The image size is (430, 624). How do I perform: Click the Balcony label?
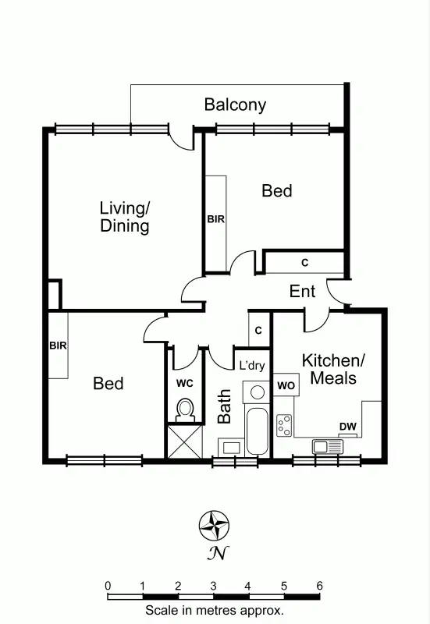235,105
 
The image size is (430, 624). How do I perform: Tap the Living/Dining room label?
124,218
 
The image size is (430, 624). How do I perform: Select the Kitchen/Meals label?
333,370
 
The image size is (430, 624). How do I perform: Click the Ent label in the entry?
303,292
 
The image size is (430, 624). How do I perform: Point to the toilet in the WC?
185,408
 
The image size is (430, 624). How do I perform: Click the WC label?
184,384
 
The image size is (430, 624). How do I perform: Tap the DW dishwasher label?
348,426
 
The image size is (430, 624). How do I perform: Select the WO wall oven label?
286,385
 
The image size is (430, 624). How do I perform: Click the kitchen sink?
327,446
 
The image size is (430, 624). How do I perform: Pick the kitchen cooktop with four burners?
285,425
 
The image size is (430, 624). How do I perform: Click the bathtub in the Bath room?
256,432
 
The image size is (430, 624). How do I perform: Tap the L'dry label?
251,365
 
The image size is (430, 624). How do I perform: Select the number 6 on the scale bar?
318,586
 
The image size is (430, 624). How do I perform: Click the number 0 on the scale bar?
108,586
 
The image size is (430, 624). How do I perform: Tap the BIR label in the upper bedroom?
215,219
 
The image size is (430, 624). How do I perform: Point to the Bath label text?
225,406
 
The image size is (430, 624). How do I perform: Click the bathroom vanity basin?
230,447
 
